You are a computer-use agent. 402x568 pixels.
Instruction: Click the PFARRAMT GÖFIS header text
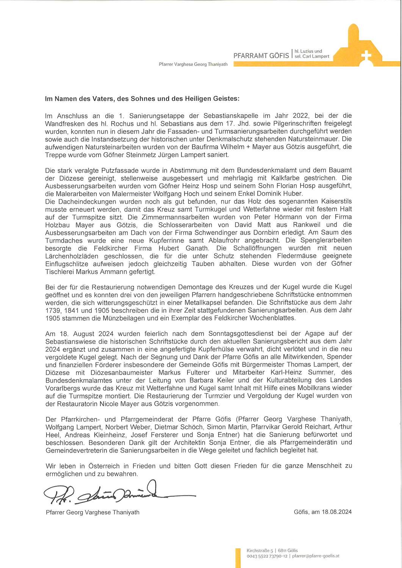click(x=261, y=56)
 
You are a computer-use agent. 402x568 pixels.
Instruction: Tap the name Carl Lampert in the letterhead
click(x=316, y=57)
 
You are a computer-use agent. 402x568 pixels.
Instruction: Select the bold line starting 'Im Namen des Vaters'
click(x=142, y=99)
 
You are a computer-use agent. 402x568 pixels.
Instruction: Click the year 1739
click(x=53, y=311)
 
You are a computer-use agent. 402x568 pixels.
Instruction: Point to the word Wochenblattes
click(x=272, y=318)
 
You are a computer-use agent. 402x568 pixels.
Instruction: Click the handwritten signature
click(x=114, y=494)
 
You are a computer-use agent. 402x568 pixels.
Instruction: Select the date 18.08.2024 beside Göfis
click(x=337, y=512)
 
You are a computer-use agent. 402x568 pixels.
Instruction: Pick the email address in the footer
click(x=316, y=556)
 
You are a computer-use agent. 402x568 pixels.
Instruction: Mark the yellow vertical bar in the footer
click(x=238, y=558)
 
